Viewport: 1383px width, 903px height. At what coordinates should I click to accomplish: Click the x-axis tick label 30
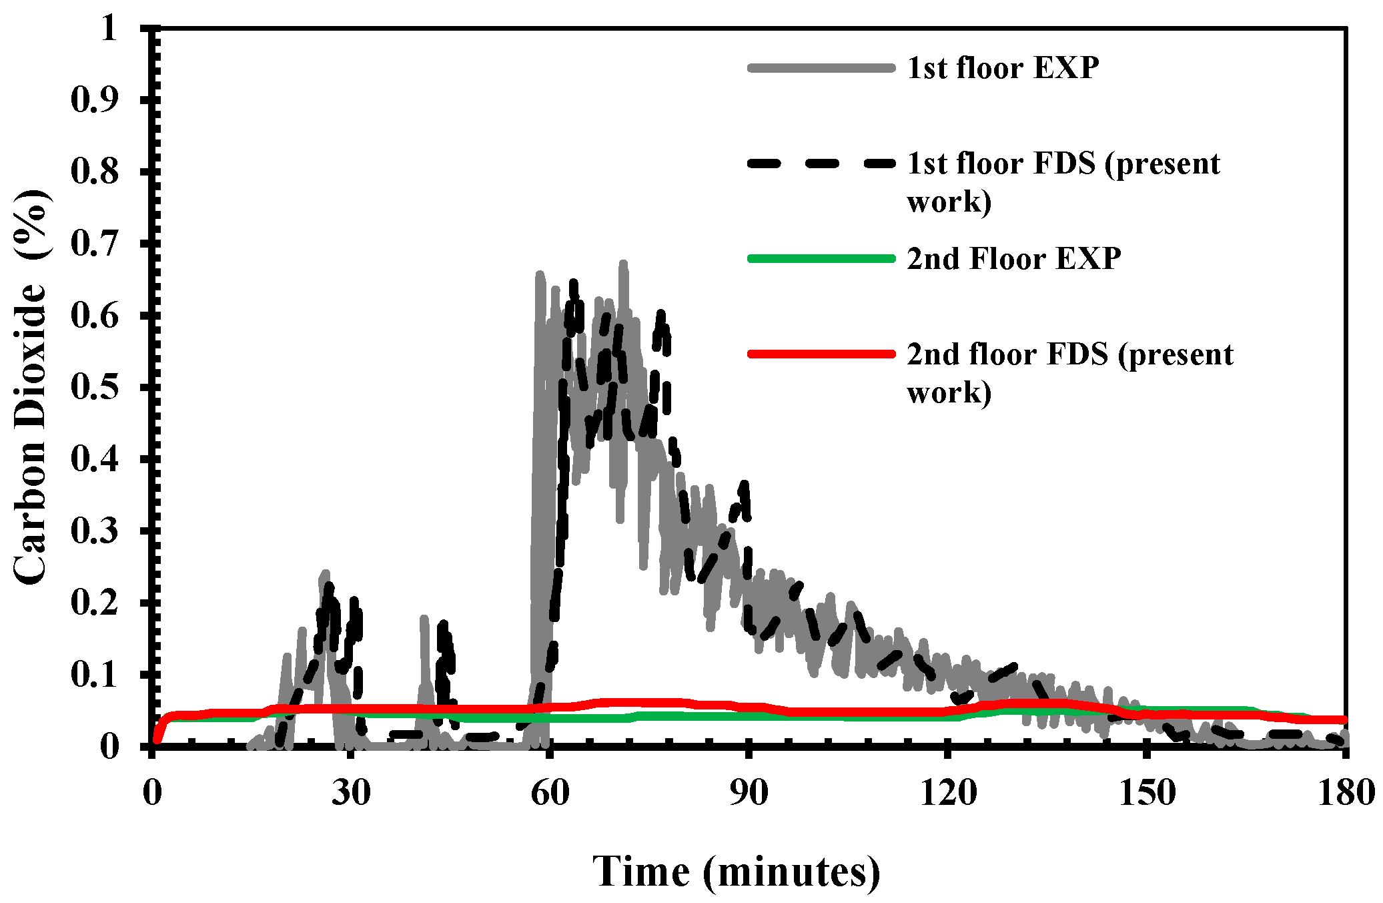[351, 794]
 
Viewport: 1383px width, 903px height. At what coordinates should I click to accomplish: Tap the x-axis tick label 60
[550, 794]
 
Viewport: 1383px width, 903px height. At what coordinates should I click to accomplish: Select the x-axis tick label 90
[749, 794]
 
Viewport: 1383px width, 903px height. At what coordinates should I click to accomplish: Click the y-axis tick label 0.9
[94, 99]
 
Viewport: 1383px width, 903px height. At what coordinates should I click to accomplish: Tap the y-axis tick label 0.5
[94, 387]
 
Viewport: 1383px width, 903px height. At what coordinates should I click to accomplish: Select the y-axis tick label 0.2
[94, 603]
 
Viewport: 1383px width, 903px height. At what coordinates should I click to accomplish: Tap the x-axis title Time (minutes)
[737, 871]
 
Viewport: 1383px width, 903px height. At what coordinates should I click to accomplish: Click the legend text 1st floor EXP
[1003, 68]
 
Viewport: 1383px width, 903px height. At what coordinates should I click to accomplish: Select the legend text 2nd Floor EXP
[1013, 259]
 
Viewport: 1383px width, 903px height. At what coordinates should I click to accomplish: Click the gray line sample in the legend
[821, 68]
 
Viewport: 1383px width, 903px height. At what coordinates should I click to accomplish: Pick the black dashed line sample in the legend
[821, 164]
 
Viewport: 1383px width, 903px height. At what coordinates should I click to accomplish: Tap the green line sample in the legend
[821, 259]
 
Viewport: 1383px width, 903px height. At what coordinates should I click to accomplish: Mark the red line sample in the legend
[821, 354]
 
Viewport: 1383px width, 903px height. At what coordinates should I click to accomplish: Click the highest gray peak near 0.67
[623, 265]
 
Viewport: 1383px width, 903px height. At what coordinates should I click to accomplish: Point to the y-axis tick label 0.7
[94, 244]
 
